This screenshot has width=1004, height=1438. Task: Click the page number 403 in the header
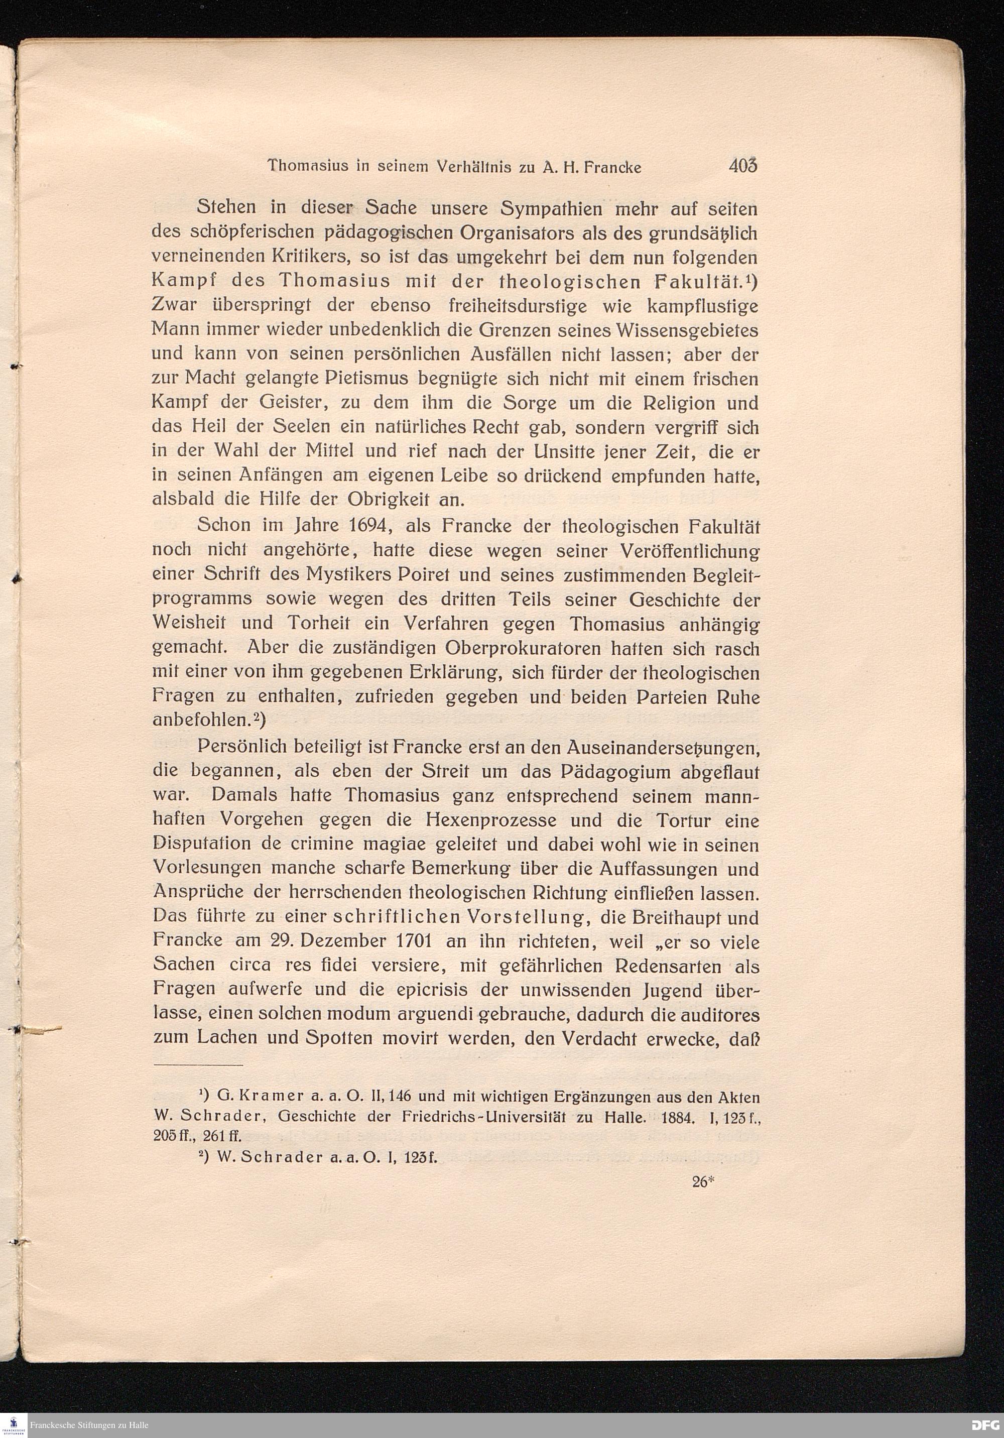point(743,166)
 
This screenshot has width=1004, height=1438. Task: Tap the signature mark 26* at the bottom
point(704,1181)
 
